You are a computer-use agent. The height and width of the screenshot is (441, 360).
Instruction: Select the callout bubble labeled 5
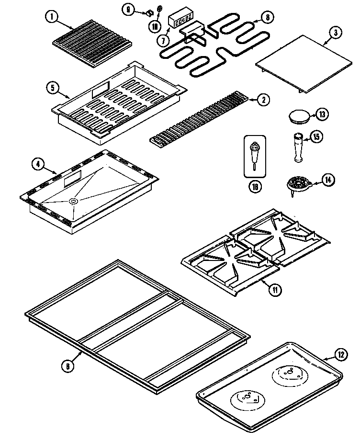click(x=53, y=88)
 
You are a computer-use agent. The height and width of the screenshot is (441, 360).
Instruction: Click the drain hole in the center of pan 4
click(x=73, y=202)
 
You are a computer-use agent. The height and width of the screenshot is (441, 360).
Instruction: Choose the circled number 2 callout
click(x=263, y=100)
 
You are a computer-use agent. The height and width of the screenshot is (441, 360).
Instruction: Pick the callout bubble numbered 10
click(x=155, y=25)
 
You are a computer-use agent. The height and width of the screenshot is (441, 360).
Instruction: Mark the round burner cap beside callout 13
click(x=299, y=116)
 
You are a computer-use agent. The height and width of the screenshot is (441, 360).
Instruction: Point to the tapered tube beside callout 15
click(x=296, y=148)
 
